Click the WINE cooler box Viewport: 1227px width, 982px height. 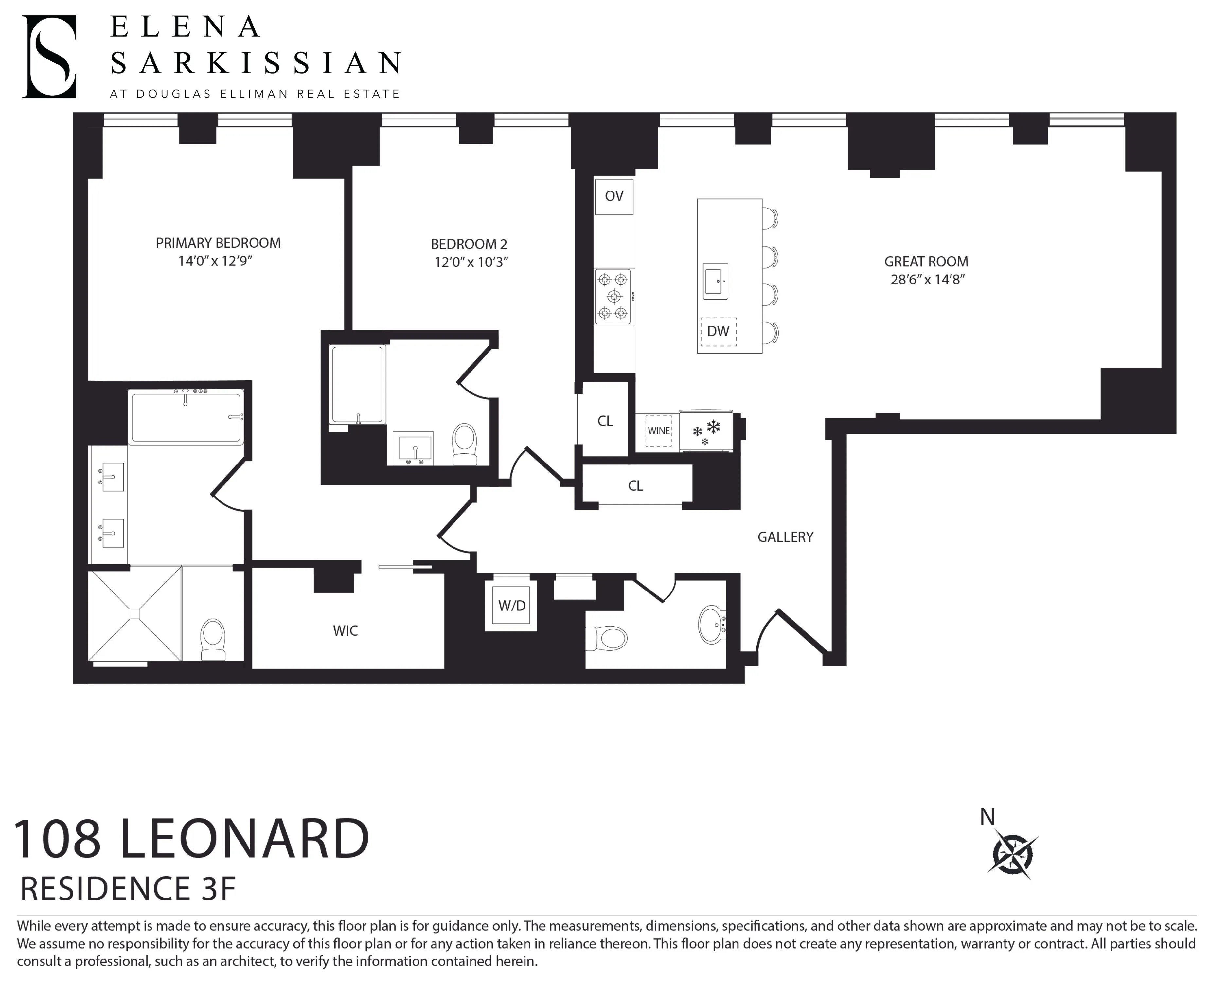(658, 431)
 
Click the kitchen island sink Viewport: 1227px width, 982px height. (715, 281)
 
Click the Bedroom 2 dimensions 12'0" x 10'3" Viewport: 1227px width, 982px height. (471, 263)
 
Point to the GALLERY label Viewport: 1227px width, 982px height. (785, 537)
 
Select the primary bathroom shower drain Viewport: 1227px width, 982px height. (134, 614)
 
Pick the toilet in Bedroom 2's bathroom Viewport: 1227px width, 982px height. (464, 445)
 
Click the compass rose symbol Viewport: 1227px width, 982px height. (1013, 854)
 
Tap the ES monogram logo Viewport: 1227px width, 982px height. (49, 57)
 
